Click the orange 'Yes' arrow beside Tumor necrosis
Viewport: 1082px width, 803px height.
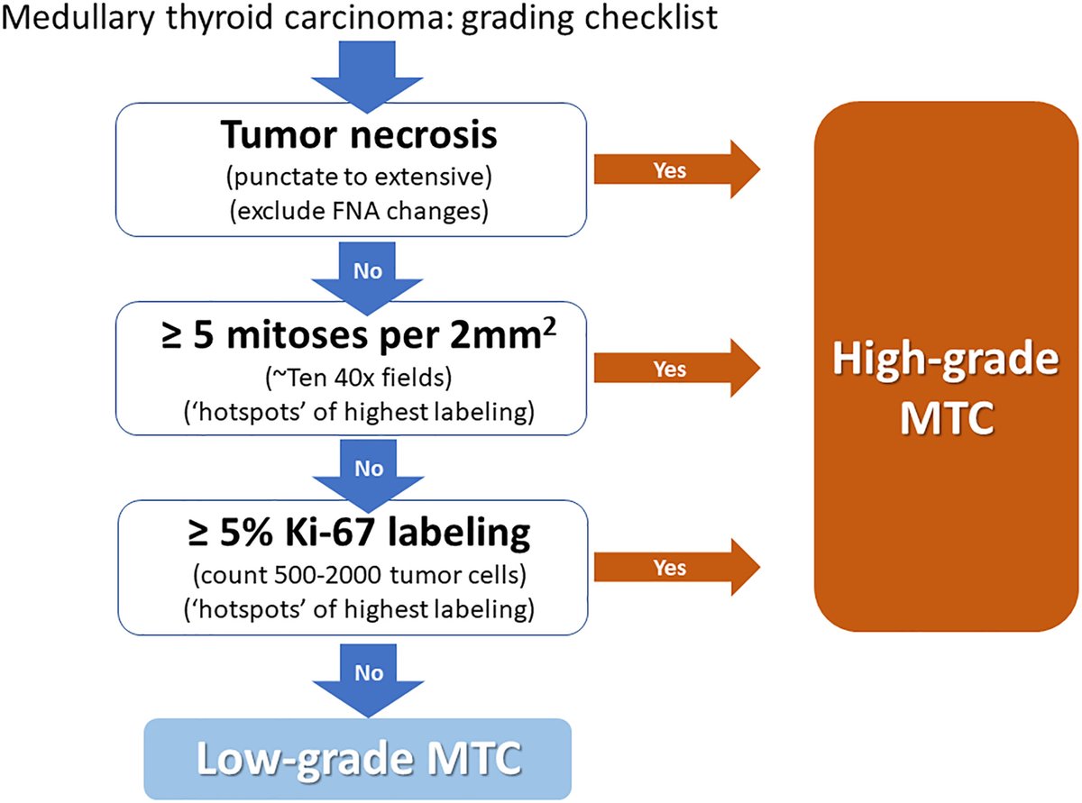pyautogui.click(x=675, y=169)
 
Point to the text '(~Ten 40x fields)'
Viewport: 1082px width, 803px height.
pyautogui.click(x=360, y=375)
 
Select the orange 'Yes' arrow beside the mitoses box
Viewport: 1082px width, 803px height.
pyautogui.click(x=675, y=369)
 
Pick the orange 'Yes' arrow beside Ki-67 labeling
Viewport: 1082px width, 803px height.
pyautogui.click(x=675, y=569)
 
